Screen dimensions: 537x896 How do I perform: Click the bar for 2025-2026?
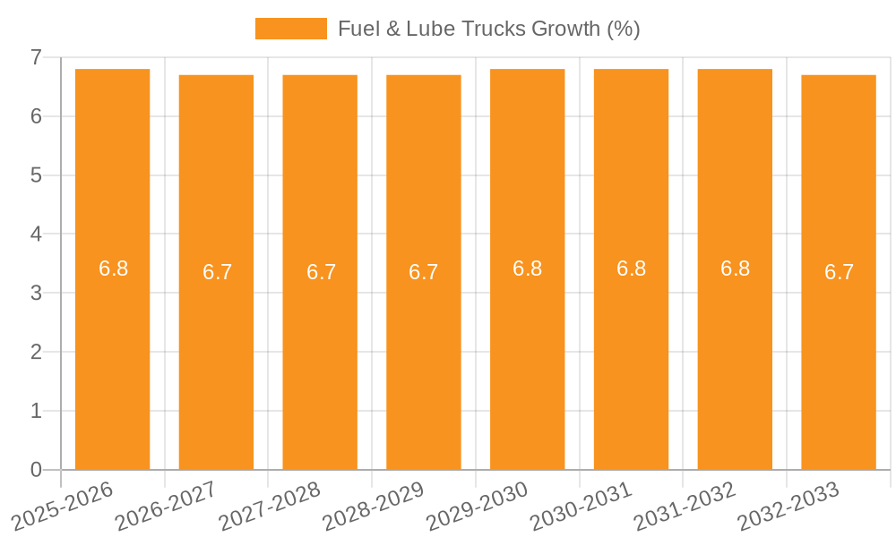[x=112, y=358]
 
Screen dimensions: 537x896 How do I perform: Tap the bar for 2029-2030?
[x=527, y=358]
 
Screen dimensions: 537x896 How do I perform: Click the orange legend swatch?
[x=290, y=29]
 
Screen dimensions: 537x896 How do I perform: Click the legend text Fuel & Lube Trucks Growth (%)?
[x=488, y=29]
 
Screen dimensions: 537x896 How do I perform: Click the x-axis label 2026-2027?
[x=167, y=505]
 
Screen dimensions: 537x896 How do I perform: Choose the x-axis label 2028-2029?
[x=374, y=505]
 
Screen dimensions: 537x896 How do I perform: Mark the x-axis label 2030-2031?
[x=582, y=505]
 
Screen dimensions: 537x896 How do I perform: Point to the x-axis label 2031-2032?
[x=685, y=505]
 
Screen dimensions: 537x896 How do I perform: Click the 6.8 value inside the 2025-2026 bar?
[x=113, y=268]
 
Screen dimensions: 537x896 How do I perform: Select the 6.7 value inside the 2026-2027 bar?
[x=217, y=272]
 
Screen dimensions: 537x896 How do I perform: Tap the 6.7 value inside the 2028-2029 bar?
[x=423, y=272]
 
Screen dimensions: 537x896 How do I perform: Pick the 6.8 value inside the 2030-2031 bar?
[x=631, y=268]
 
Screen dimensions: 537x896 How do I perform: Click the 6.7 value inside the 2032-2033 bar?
[x=839, y=272]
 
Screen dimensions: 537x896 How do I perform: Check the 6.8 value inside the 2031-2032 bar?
[x=735, y=268]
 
